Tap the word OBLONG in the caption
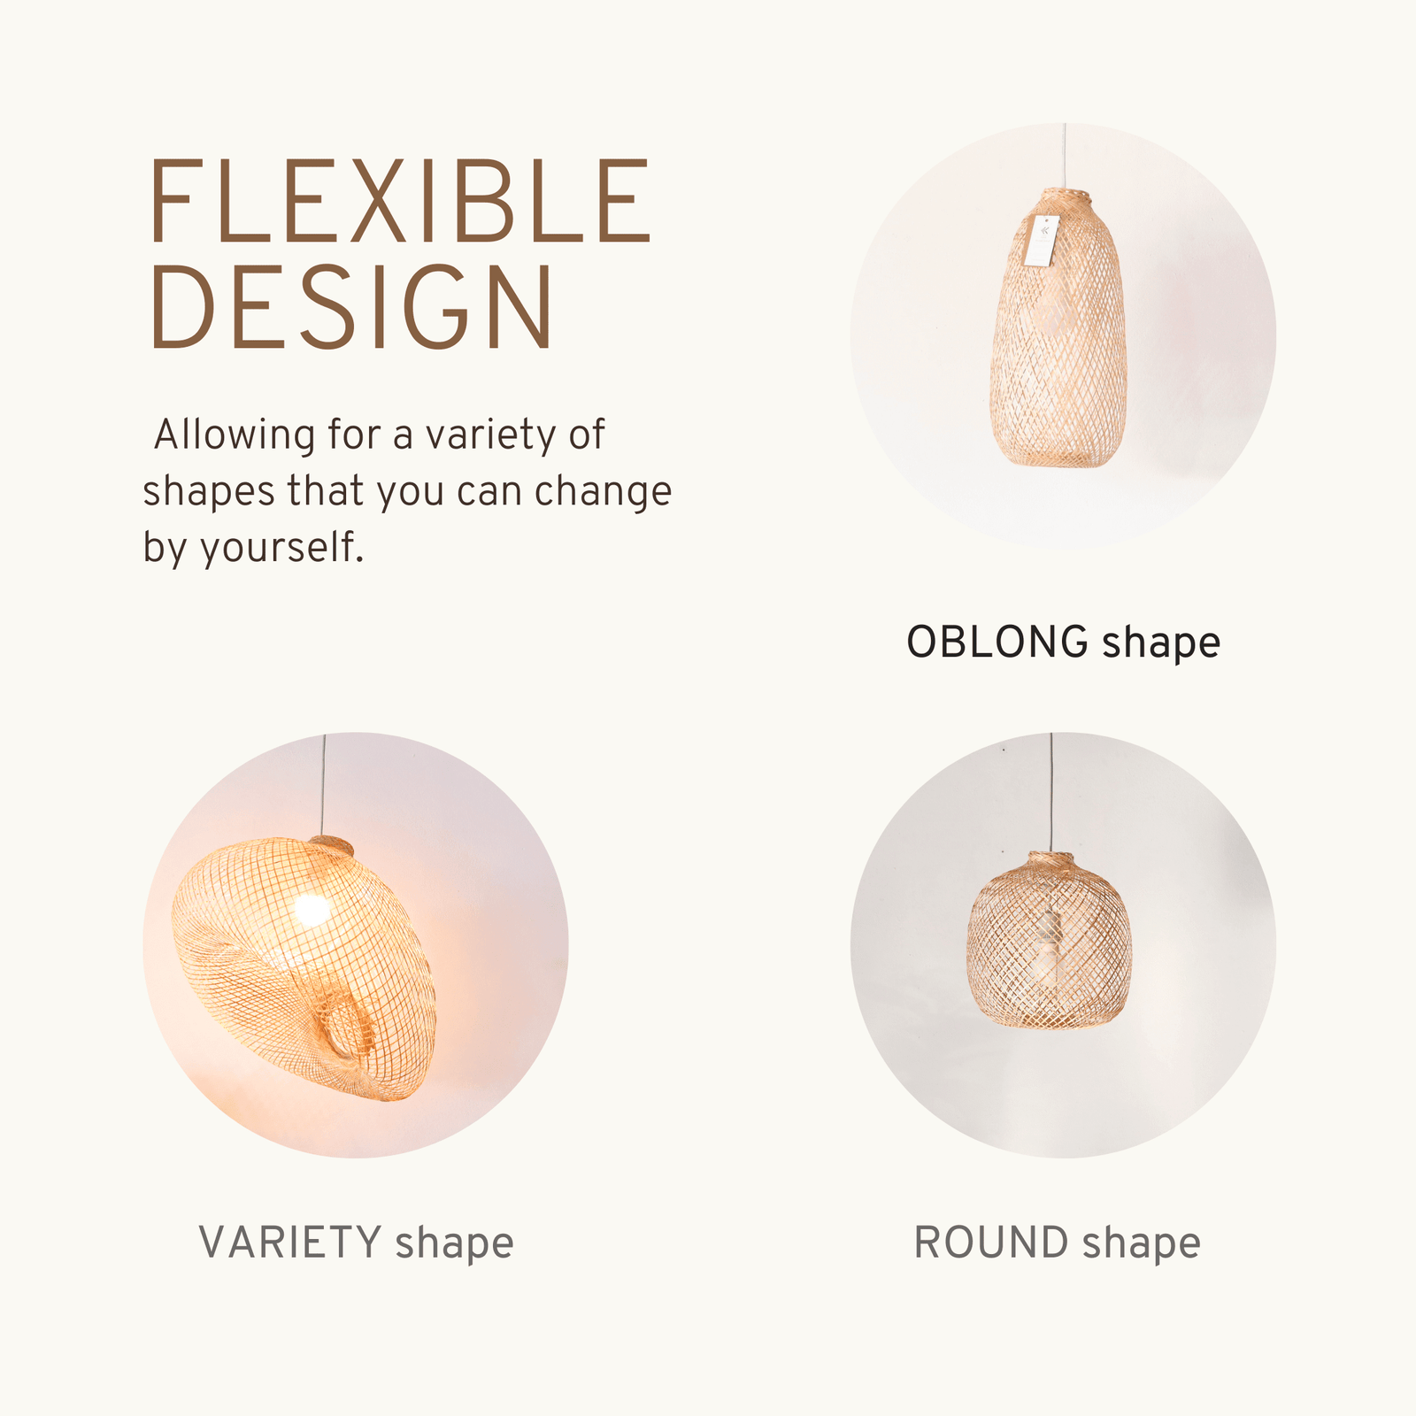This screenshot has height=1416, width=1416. click(x=997, y=642)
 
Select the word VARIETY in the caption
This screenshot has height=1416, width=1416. click(x=290, y=1243)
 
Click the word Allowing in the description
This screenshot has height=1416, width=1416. click(x=235, y=435)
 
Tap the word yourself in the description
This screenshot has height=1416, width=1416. click(x=282, y=548)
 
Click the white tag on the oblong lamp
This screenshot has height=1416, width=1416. click(x=1041, y=239)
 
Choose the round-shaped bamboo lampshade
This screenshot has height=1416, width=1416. click(x=1050, y=941)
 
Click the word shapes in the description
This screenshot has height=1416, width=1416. click(x=209, y=492)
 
